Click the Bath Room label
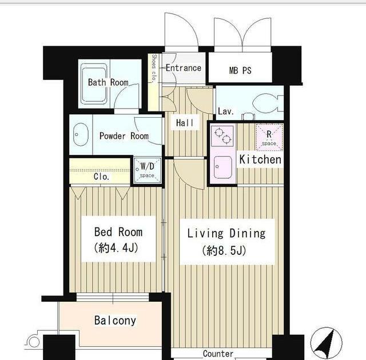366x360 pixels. coord(108,82)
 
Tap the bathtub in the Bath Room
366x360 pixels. coord(94,84)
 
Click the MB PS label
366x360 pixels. coord(240,70)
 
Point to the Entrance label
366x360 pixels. coord(184,68)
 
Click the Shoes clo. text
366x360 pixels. coord(154,69)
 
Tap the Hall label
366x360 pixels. coord(185,123)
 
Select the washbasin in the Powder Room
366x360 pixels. coord(81,134)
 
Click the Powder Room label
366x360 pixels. coord(124,136)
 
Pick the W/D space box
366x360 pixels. coord(148,170)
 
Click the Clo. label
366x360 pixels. coord(102,177)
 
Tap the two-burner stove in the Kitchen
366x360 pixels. coord(222,136)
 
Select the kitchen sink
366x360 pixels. coord(223,167)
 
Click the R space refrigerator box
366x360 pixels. coord(269,137)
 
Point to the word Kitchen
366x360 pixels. coord(260,159)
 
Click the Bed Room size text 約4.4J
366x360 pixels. coord(116,248)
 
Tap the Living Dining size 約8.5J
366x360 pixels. coord(224,251)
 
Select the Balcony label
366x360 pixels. coord(115,321)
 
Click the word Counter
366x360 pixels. coord(218,354)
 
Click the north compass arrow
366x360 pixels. coord(325,343)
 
